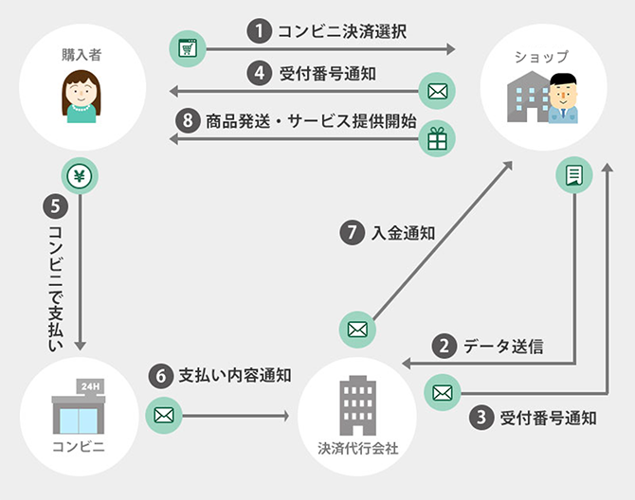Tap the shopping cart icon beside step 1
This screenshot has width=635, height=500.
click(185, 48)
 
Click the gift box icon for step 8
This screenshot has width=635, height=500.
click(437, 139)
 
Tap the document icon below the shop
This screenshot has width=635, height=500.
click(573, 174)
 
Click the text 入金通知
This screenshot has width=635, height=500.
click(403, 233)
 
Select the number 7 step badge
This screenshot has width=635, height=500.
click(352, 233)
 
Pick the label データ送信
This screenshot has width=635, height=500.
click(502, 347)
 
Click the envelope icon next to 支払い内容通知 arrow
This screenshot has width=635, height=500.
click(163, 415)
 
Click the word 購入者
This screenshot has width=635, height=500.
click(80, 55)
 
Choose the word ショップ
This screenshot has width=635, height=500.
click(542, 57)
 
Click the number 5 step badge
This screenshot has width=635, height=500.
click(53, 204)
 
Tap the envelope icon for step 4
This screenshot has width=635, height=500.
click(437, 92)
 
